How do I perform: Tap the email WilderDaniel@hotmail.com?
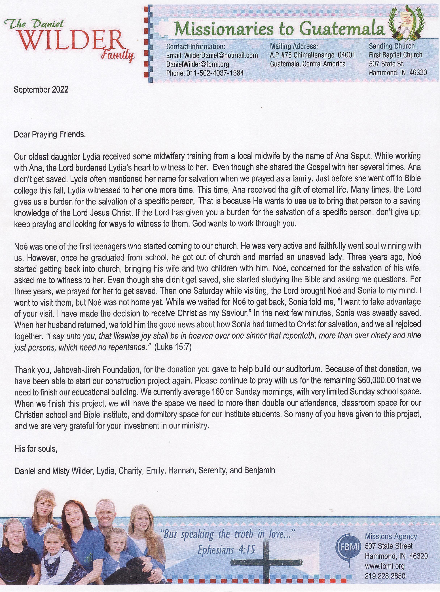coord(212,55)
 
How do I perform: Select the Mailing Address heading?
coord(294,46)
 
